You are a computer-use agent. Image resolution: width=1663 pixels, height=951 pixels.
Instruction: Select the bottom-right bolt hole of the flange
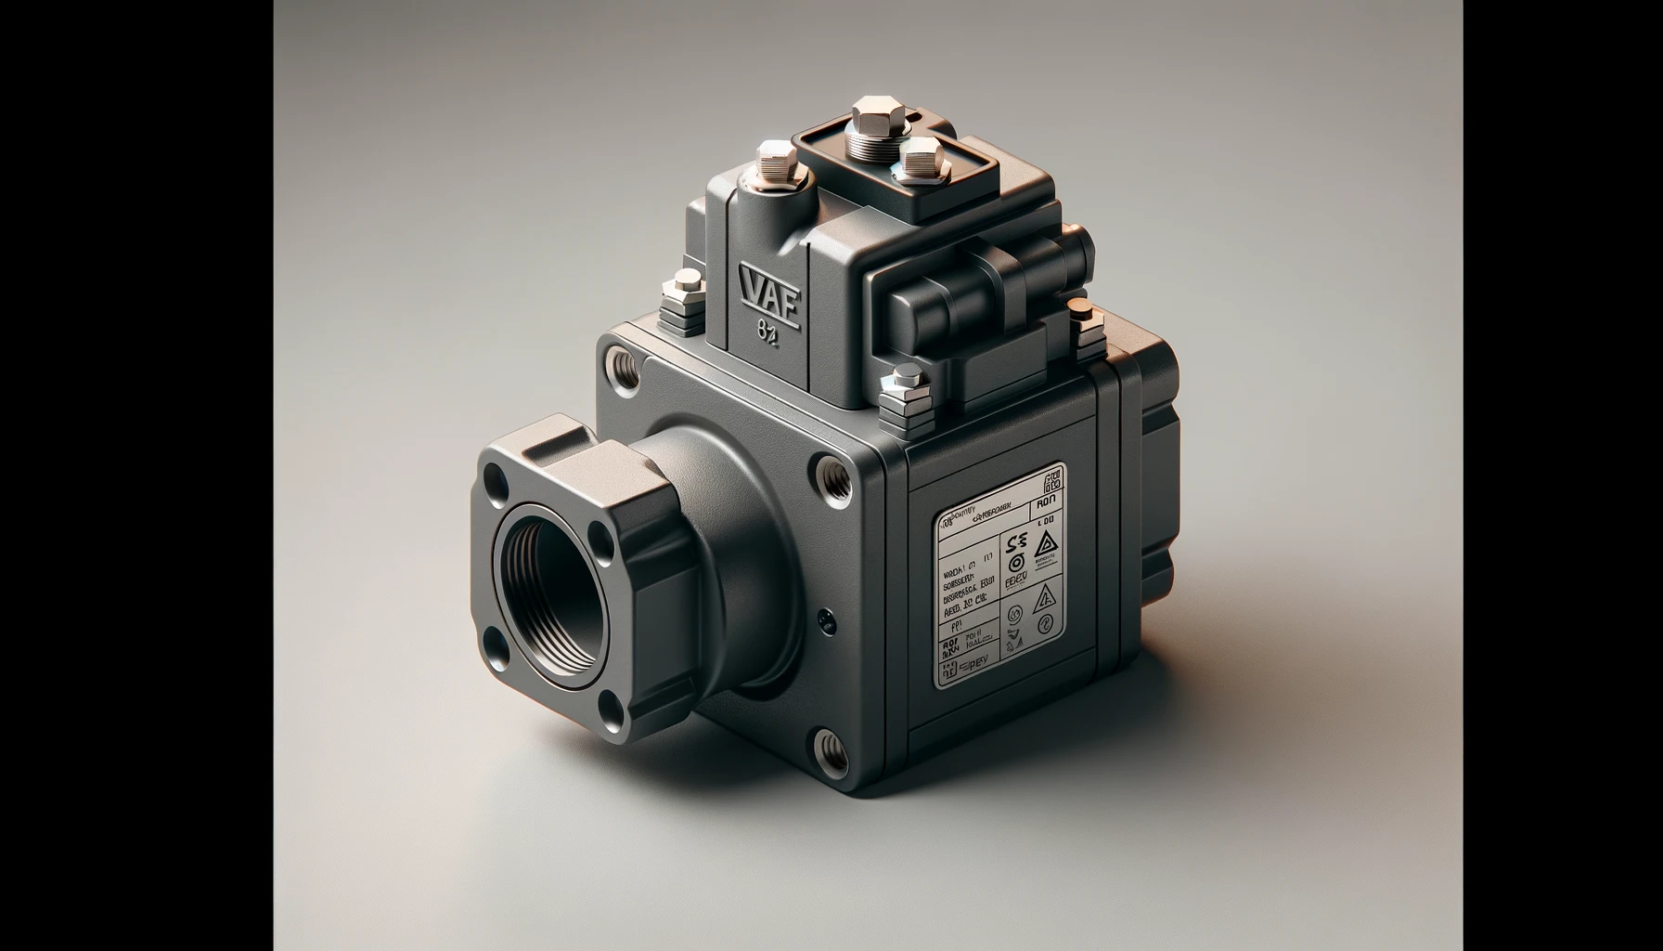[614, 711]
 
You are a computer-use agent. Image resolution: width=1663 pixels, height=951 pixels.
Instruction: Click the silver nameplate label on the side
[999, 575]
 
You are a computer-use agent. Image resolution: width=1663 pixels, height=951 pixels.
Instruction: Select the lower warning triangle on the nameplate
[1044, 597]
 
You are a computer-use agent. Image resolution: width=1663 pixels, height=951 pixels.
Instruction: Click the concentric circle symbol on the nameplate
[1014, 563]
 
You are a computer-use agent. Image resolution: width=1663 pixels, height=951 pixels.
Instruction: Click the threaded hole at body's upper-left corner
[621, 363]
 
